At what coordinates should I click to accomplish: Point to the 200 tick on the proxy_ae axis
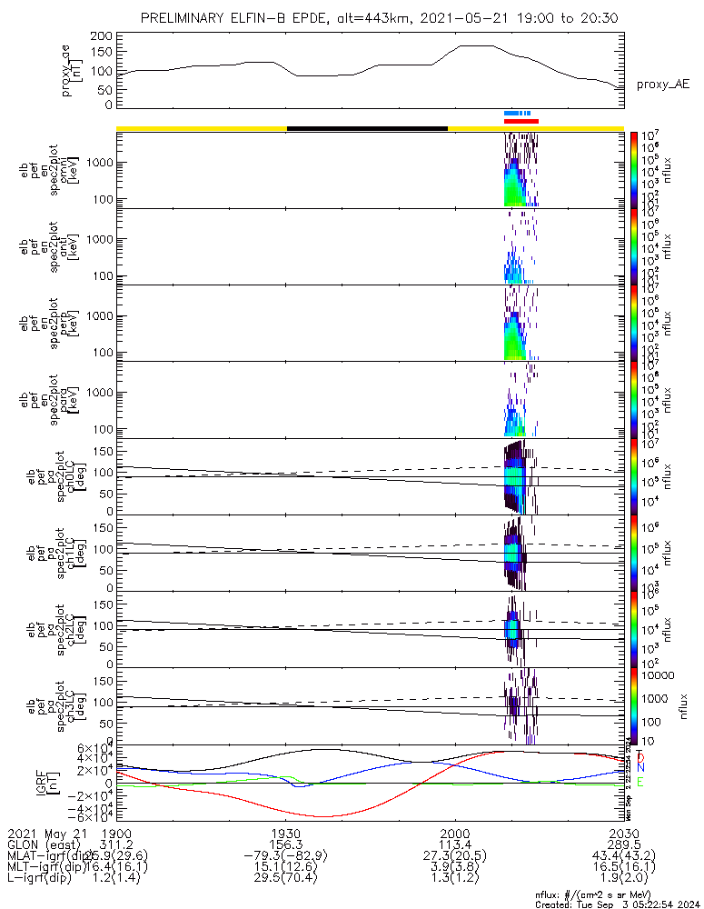pos(102,36)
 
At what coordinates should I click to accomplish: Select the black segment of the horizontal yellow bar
pos(367,128)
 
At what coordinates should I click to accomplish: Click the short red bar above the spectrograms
pos(521,120)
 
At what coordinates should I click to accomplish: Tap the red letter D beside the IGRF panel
pos(641,757)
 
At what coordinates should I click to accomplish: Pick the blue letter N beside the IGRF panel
pos(641,769)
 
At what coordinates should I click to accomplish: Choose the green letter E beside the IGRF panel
pos(641,782)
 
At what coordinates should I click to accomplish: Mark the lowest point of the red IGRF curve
pos(325,816)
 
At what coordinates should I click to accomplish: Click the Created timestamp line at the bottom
pos(618,904)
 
